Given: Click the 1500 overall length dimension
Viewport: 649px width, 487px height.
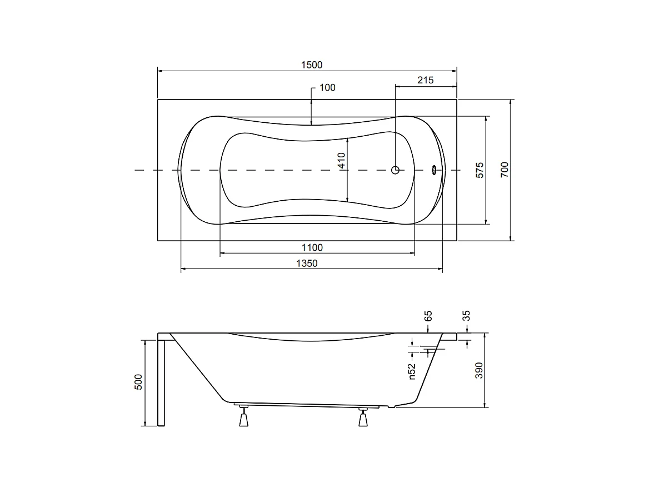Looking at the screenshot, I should [x=311, y=65].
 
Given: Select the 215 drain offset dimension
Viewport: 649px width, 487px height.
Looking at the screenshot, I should [x=425, y=80].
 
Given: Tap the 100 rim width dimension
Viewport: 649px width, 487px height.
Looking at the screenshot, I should [x=328, y=88].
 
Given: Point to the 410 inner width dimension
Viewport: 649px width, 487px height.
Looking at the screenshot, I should [x=342, y=161].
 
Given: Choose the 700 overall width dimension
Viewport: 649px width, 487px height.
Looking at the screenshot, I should [x=505, y=170].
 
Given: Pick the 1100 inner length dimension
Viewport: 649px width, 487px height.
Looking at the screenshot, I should [x=311, y=247].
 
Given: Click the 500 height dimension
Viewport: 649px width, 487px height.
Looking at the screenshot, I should [x=139, y=382].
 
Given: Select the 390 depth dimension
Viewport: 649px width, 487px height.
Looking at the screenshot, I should [x=480, y=370].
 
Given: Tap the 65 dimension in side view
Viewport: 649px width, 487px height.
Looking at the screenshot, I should [x=428, y=316].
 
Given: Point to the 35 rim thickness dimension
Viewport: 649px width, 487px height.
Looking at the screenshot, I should [x=467, y=316].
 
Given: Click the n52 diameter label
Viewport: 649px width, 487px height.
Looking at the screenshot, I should [x=412, y=371].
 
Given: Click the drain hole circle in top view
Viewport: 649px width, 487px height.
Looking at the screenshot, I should [x=395, y=170].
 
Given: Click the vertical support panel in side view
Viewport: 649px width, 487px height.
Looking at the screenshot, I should [x=161, y=382].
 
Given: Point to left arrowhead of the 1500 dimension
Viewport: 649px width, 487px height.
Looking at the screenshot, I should [x=161, y=71].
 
